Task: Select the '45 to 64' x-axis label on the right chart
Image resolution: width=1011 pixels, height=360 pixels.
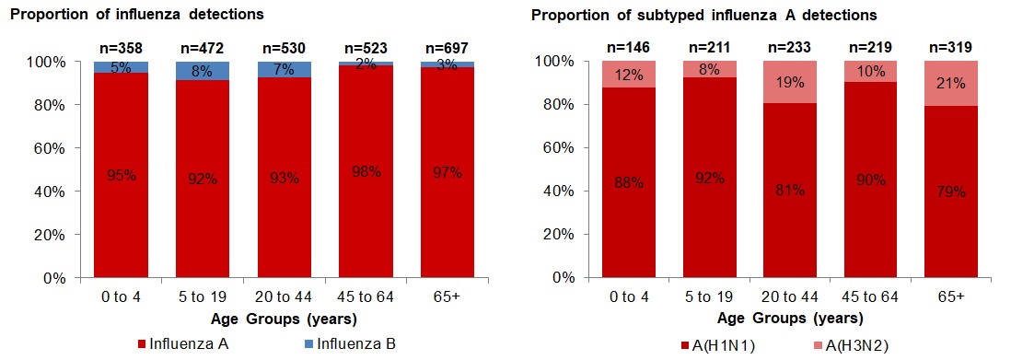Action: pyautogui.click(x=871, y=296)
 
